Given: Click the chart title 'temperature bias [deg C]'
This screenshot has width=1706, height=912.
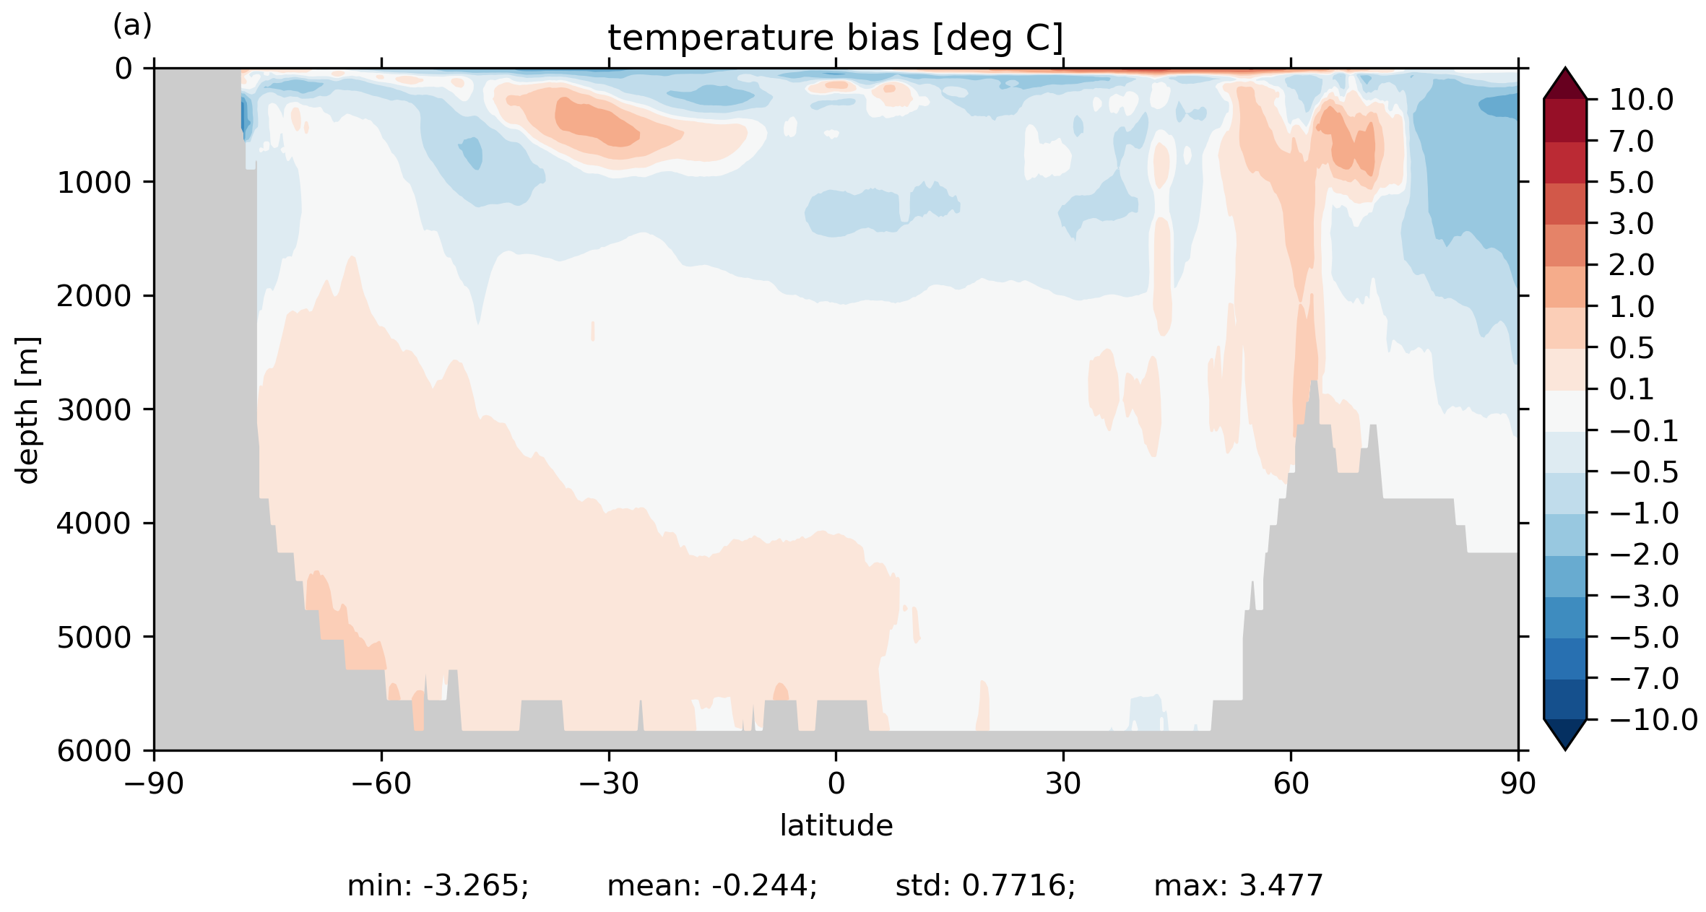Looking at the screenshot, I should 835,38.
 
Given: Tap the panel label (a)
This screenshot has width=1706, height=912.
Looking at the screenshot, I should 132,26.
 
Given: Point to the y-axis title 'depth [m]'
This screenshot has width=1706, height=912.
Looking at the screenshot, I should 27,409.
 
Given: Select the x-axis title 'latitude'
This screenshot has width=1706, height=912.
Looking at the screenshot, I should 836,825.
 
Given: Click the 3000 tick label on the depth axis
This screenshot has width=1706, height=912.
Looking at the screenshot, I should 95,409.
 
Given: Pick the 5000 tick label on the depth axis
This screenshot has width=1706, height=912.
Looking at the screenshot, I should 95,637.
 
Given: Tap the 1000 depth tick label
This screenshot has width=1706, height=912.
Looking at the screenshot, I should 95,183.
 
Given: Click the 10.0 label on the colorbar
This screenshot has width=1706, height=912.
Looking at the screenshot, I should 1641,100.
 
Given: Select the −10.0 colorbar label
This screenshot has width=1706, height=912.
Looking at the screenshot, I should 1653,720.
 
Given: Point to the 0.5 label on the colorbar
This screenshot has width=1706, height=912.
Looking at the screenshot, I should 1632,348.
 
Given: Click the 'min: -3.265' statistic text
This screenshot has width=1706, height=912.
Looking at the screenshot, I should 438,885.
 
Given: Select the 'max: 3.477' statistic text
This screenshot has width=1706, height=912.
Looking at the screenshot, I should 1238,885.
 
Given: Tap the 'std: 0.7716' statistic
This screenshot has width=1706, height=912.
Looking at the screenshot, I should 985,885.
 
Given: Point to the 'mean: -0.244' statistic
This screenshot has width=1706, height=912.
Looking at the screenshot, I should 712,885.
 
